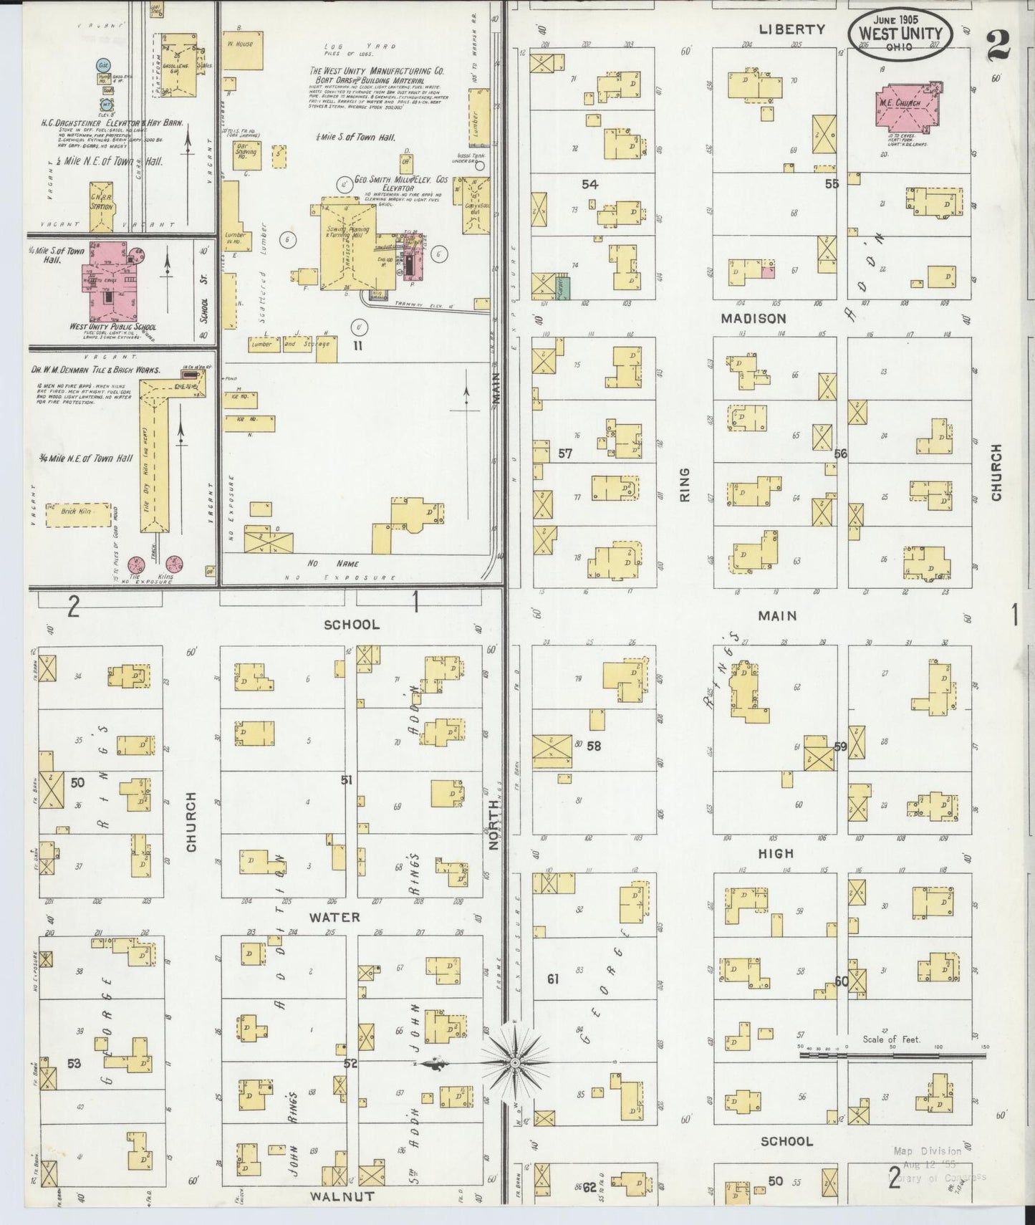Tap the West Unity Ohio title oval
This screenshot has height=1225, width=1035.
pyautogui.click(x=900, y=34)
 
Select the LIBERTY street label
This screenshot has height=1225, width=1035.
pyautogui.click(x=792, y=29)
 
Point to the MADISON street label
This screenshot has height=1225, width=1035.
pyautogui.click(x=754, y=318)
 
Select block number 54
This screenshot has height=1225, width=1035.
pyautogui.click(x=590, y=185)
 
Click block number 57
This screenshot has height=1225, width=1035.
pyautogui.click(x=565, y=453)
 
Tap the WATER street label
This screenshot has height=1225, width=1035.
pyautogui.click(x=334, y=917)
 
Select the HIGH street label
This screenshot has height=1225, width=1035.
pyautogui.click(x=776, y=853)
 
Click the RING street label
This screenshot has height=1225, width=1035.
pyautogui.click(x=684, y=484)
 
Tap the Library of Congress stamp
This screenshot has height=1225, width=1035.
pyautogui.click(x=938, y=1163)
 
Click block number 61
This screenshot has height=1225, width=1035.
pyautogui.click(x=552, y=979)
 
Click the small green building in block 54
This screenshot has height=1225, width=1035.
pyautogui.click(x=563, y=286)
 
